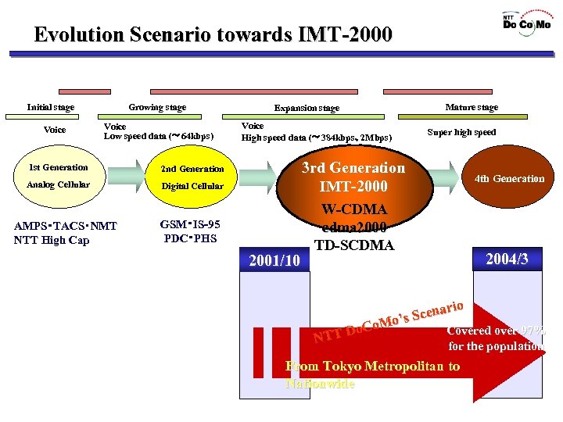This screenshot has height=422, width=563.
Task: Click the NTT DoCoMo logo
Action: pyautogui.click(x=525, y=20)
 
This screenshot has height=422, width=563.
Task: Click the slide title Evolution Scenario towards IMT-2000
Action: pyautogui.click(x=213, y=35)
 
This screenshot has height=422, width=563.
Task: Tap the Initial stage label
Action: pyautogui.click(x=50, y=107)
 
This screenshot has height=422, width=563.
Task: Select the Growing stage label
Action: pyautogui.click(x=157, y=107)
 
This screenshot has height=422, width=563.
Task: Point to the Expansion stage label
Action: pyautogui.click(x=307, y=108)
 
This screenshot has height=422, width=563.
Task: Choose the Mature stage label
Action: pyautogui.click(x=472, y=107)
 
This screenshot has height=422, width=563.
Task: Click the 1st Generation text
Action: pyautogui.click(x=58, y=167)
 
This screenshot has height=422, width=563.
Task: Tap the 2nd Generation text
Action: pyautogui.click(x=192, y=169)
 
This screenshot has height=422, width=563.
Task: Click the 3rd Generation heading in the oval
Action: pyautogui.click(x=353, y=168)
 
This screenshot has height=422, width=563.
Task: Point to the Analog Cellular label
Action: pyautogui.click(x=58, y=185)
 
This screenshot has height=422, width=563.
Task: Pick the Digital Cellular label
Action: pyautogui.click(x=192, y=187)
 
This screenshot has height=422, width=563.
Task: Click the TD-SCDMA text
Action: pyautogui.click(x=353, y=245)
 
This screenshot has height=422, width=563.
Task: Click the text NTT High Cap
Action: pyautogui.click(x=52, y=240)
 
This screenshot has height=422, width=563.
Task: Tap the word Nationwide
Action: pyautogui.click(x=320, y=384)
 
